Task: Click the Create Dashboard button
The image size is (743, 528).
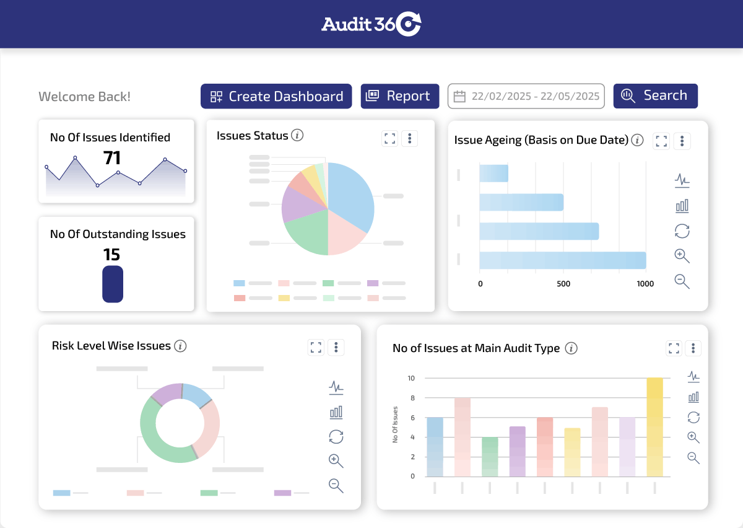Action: (x=276, y=97)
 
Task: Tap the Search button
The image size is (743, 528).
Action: (x=655, y=96)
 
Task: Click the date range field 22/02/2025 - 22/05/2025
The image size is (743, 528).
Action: (x=526, y=97)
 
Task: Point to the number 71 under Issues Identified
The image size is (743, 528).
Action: (x=112, y=158)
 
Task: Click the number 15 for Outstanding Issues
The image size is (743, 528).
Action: (x=112, y=255)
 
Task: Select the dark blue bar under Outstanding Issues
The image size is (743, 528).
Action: (x=113, y=284)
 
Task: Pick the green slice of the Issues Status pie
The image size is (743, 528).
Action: (x=305, y=234)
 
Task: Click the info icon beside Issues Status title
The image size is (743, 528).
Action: (x=297, y=135)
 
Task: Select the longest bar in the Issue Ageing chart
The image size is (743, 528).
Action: (x=562, y=260)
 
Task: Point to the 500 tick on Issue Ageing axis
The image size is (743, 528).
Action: (x=563, y=284)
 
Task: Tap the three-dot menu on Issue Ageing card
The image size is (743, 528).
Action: (x=682, y=141)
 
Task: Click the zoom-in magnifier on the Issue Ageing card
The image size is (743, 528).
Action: (x=682, y=256)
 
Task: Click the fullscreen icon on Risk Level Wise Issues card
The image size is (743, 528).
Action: (x=316, y=347)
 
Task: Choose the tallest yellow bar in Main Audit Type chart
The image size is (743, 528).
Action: (x=655, y=428)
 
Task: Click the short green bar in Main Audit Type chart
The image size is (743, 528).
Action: (x=490, y=457)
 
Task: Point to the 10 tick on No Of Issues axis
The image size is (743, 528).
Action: (x=411, y=378)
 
